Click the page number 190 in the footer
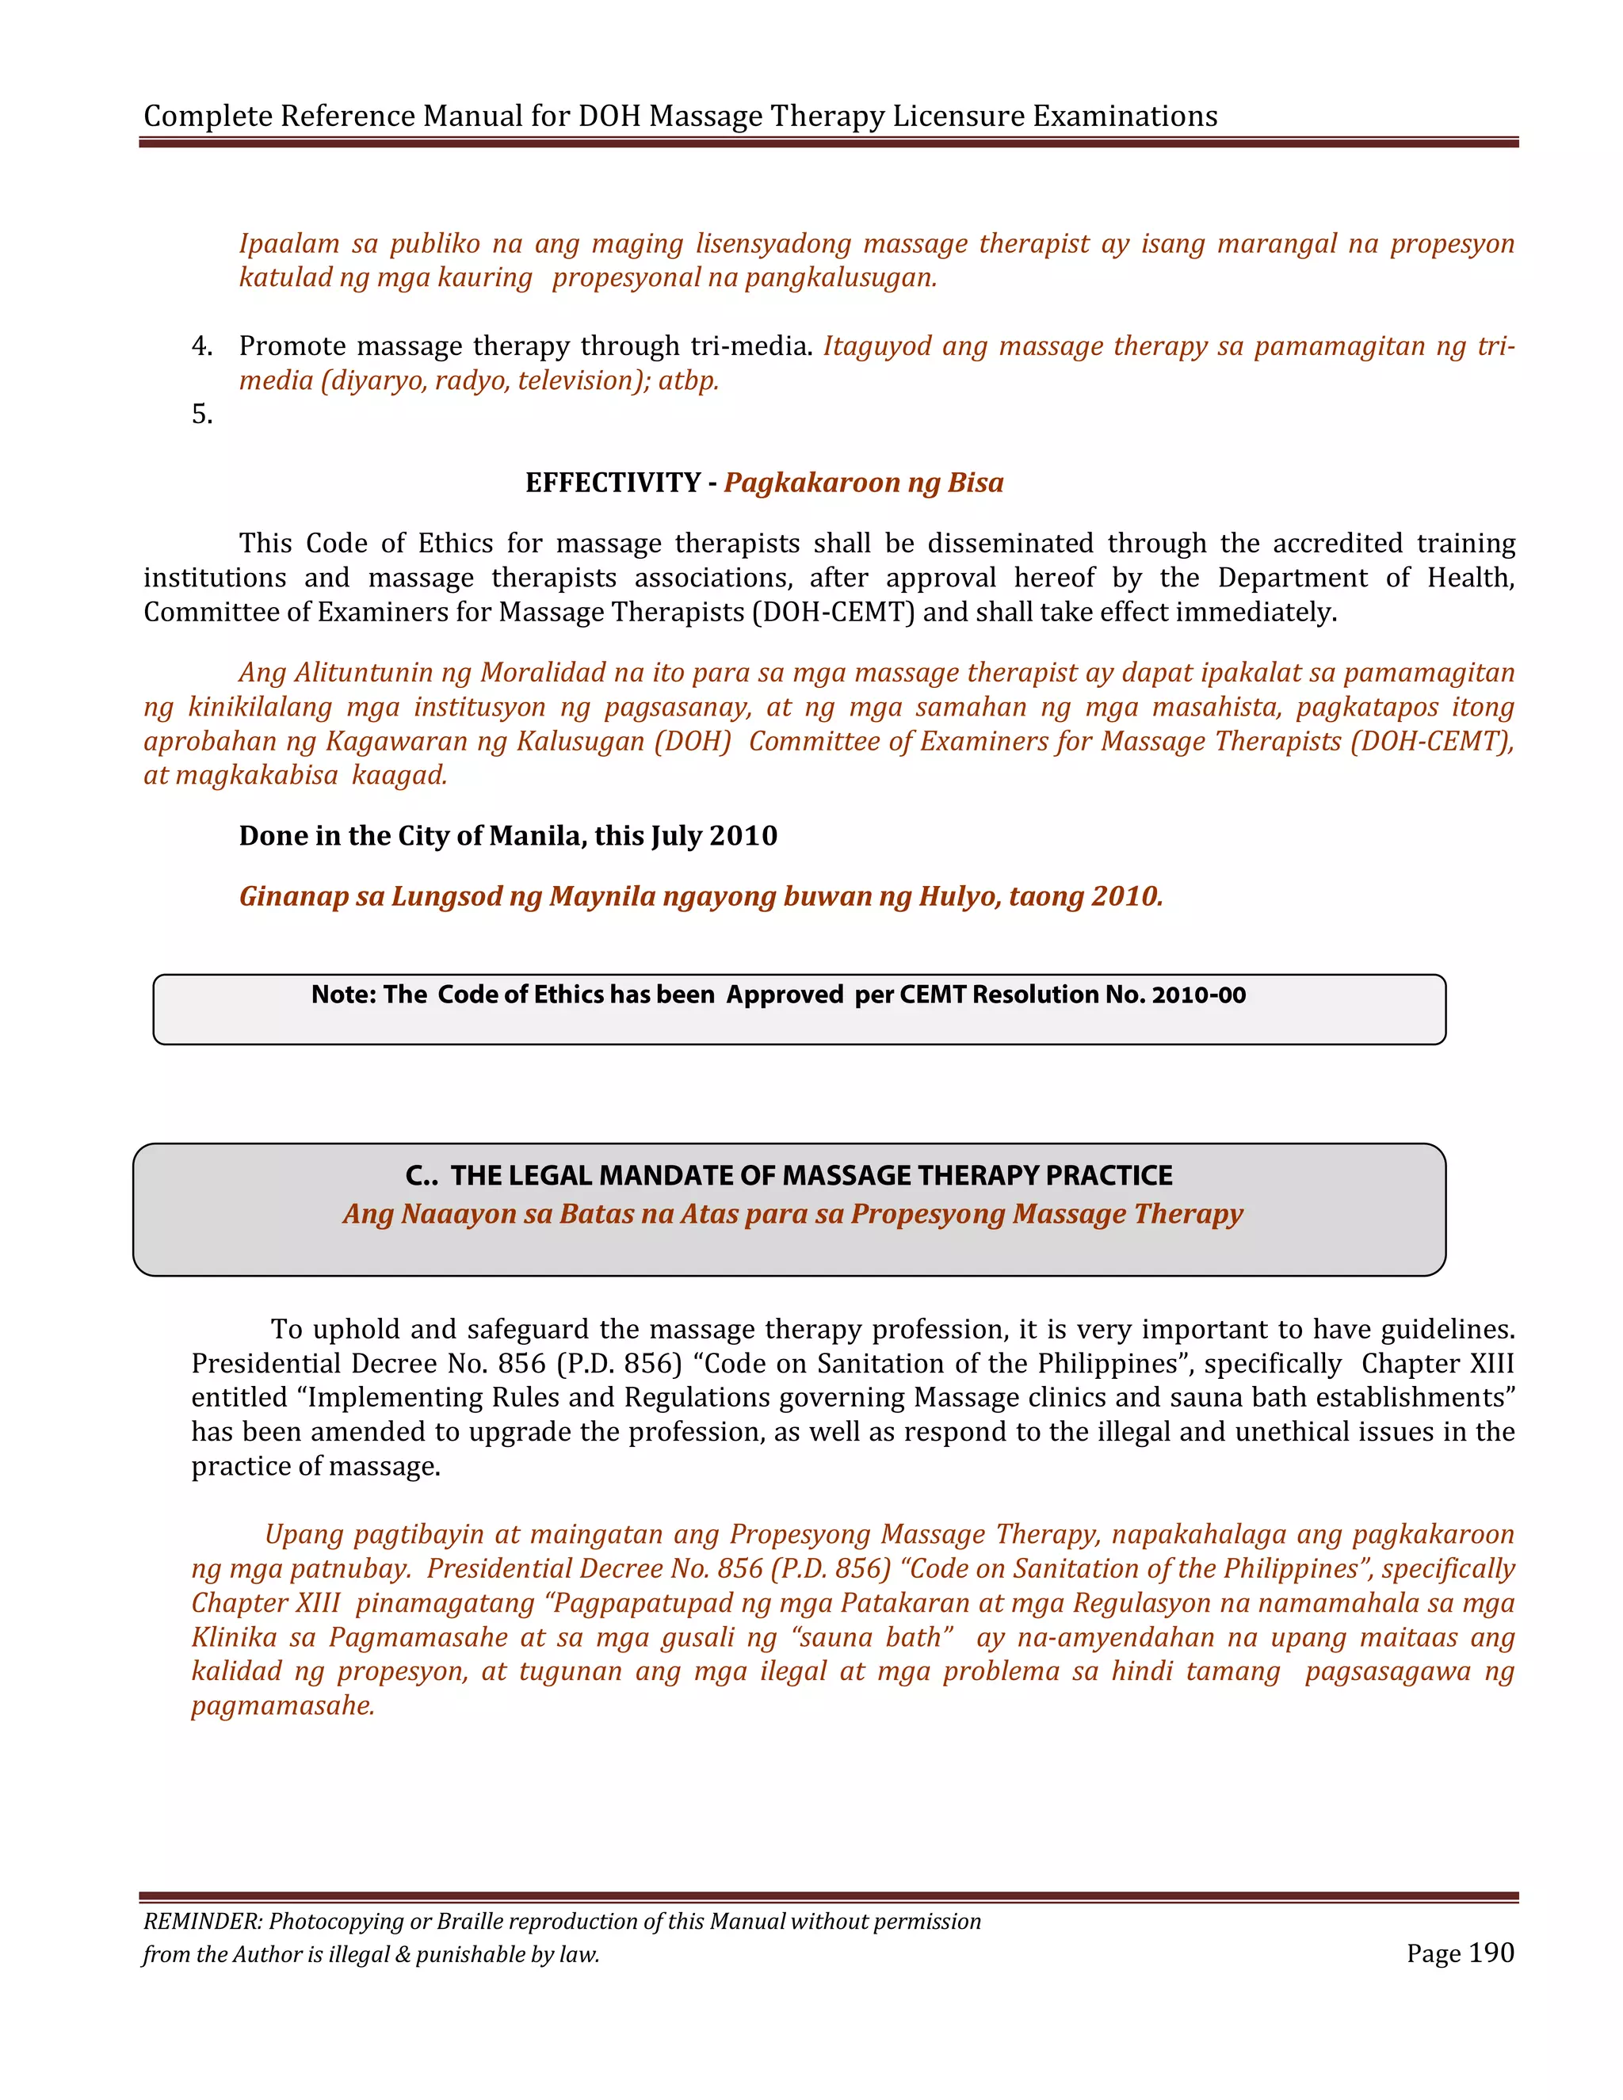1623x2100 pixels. (1491, 1953)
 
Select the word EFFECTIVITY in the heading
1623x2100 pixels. (613, 483)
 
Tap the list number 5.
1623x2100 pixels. (202, 414)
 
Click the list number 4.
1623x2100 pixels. (202, 346)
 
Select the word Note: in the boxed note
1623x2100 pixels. (343, 995)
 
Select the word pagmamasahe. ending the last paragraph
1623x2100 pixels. (283, 1706)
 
